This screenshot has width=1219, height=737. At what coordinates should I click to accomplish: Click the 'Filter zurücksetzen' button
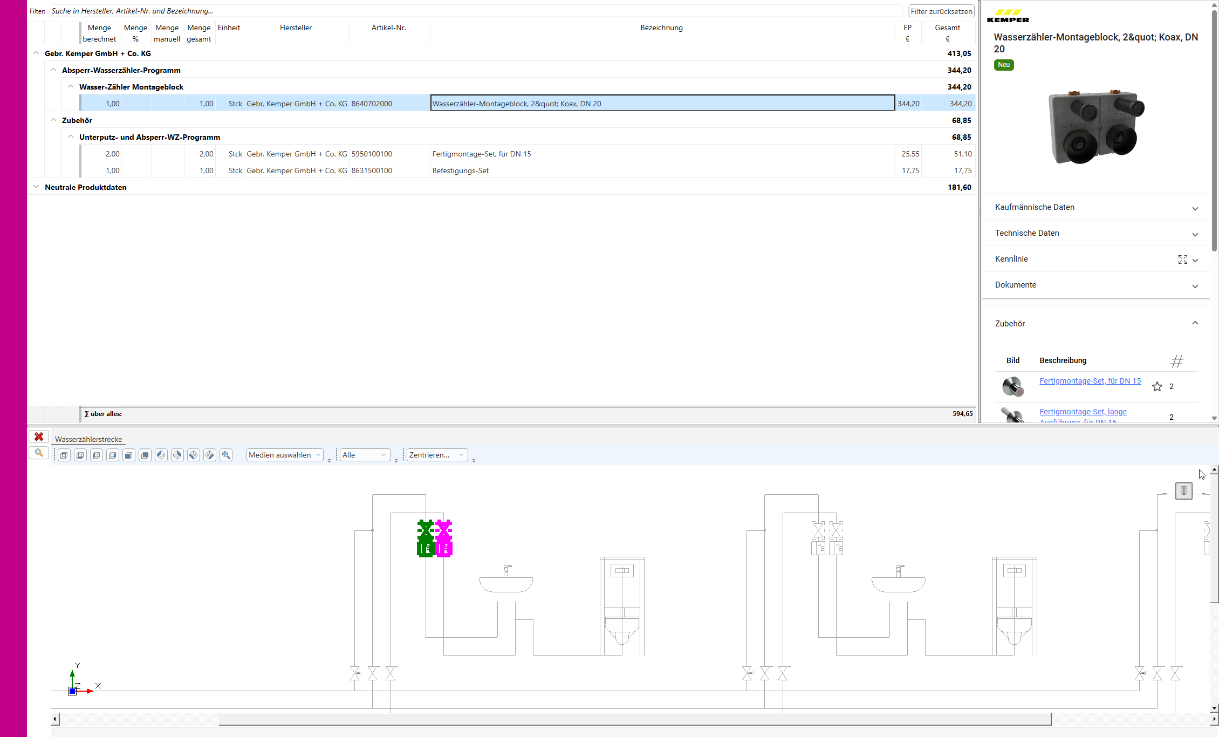[x=941, y=11]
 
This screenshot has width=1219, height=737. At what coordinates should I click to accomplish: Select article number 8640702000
[x=372, y=104]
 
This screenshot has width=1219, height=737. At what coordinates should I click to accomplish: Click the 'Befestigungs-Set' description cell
[x=461, y=171]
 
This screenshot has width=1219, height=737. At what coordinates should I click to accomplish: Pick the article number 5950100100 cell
[x=372, y=154]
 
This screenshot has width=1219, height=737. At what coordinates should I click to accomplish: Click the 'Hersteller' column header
[x=296, y=28]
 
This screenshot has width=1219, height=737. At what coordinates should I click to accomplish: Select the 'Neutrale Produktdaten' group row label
[x=86, y=188]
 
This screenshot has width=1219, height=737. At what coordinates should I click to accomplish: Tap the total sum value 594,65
[x=962, y=414]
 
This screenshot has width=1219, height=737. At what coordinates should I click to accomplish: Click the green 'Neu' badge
[x=1004, y=65]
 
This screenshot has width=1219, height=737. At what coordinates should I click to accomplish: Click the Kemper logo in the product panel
[x=1008, y=16]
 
